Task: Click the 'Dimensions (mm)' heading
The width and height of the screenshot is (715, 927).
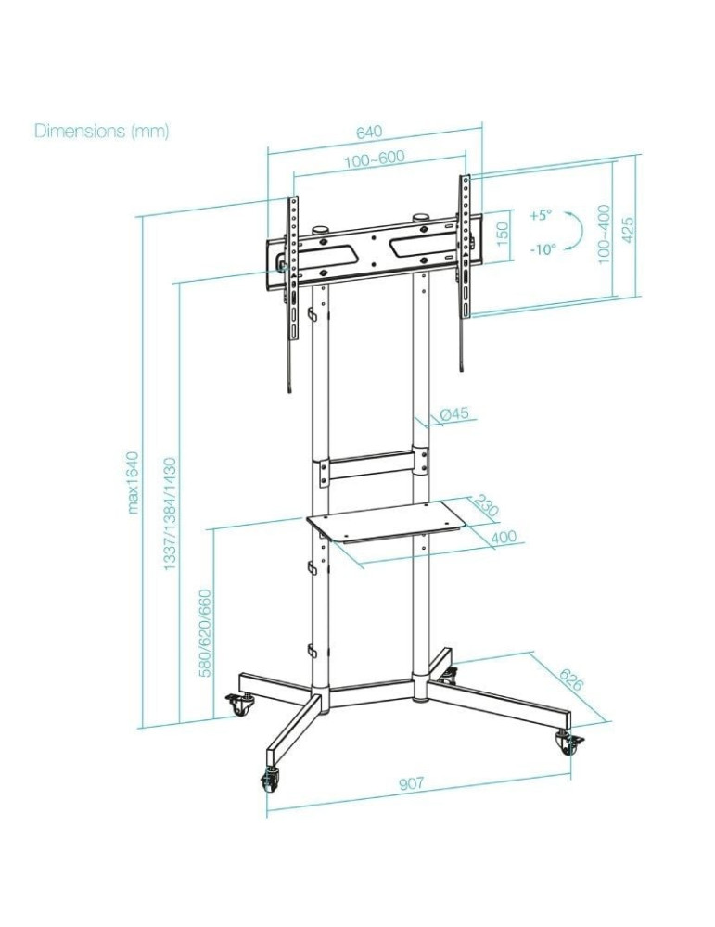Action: (x=102, y=131)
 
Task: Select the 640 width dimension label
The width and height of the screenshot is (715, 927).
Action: (x=369, y=132)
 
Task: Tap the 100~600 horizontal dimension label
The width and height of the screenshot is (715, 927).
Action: (x=374, y=158)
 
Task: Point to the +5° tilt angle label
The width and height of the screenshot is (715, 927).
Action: (x=541, y=214)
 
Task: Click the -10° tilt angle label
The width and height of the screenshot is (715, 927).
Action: (x=543, y=249)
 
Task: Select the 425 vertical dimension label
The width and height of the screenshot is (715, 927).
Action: (x=628, y=228)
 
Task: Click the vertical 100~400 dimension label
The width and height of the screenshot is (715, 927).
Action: (x=605, y=235)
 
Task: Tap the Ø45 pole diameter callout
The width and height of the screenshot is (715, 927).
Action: (x=454, y=415)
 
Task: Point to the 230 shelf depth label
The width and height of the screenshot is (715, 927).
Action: (x=486, y=506)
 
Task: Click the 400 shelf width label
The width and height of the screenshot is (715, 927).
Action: (x=503, y=537)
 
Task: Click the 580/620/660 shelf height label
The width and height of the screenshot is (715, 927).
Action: (x=206, y=631)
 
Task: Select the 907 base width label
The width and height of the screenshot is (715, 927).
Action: (x=412, y=783)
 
